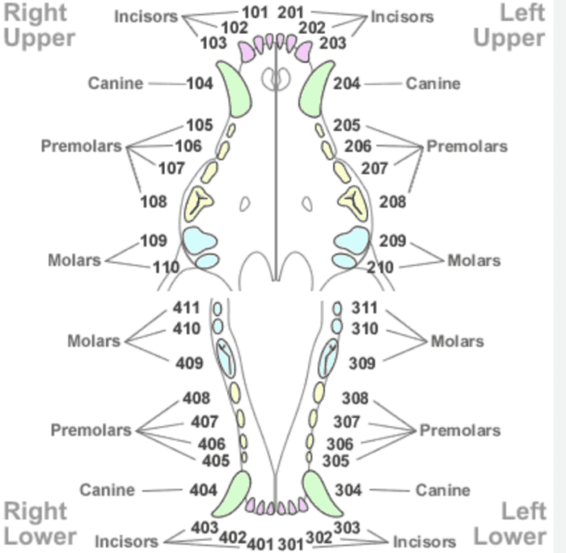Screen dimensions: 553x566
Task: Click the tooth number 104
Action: (200, 83)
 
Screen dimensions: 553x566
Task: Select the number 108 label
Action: (154, 202)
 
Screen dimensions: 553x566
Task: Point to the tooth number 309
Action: (361, 364)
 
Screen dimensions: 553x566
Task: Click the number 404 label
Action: (203, 490)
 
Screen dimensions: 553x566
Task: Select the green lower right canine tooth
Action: (231, 494)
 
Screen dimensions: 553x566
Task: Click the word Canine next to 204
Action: (433, 83)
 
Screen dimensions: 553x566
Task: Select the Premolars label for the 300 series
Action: (460, 431)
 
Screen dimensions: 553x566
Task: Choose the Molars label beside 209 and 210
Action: (474, 260)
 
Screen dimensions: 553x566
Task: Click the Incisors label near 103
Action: (144, 17)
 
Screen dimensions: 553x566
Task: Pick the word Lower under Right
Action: (39, 536)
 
